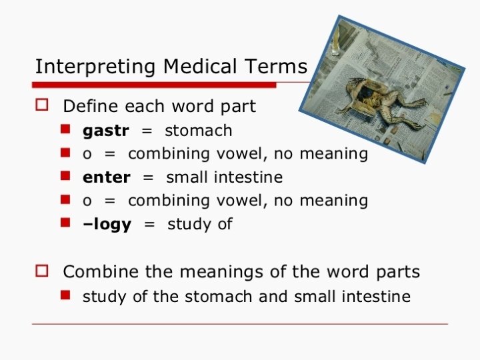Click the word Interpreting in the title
click(x=95, y=67)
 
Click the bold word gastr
click(x=106, y=131)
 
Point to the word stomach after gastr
click(x=199, y=131)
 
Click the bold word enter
click(x=107, y=177)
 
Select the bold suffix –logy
click(x=107, y=225)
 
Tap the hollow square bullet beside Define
click(x=42, y=105)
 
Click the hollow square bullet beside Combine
click(x=42, y=271)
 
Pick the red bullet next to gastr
click(x=65, y=129)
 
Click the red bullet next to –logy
click(x=65, y=222)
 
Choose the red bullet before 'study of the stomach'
click(x=65, y=295)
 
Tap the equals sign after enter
click(x=148, y=178)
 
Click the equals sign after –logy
click(x=149, y=225)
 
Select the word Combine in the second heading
click(x=101, y=271)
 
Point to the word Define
click(x=91, y=106)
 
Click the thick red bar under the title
click(x=154, y=85)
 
